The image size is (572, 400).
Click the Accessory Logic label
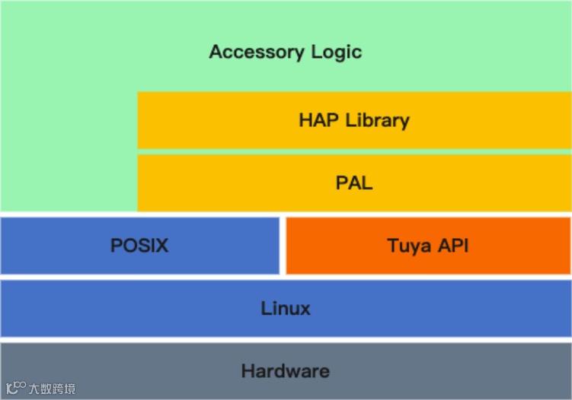pyautogui.click(x=285, y=52)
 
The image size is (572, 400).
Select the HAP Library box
pyautogui.click(x=354, y=120)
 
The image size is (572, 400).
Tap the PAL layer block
pyautogui.click(x=354, y=183)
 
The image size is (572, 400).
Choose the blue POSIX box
pyautogui.click(x=139, y=246)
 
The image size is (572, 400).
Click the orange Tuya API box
pyautogui.click(x=427, y=246)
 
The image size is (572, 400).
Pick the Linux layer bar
pyautogui.click(x=286, y=309)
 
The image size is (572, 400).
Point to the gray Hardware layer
pyautogui.click(x=286, y=371)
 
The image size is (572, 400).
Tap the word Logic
pyautogui.click(x=336, y=52)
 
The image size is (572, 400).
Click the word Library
pyautogui.click(x=377, y=120)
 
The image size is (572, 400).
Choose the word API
pyautogui.click(x=452, y=246)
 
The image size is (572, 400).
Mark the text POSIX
pyautogui.click(x=139, y=246)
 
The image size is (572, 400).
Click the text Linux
pyautogui.click(x=286, y=309)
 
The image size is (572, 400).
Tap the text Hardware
pyautogui.click(x=286, y=371)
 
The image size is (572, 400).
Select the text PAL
pyautogui.click(x=354, y=183)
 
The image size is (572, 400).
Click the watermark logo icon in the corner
pyautogui.click(x=16, y=388)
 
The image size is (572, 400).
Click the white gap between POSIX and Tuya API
pyautogui.click(x=283, y=246)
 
